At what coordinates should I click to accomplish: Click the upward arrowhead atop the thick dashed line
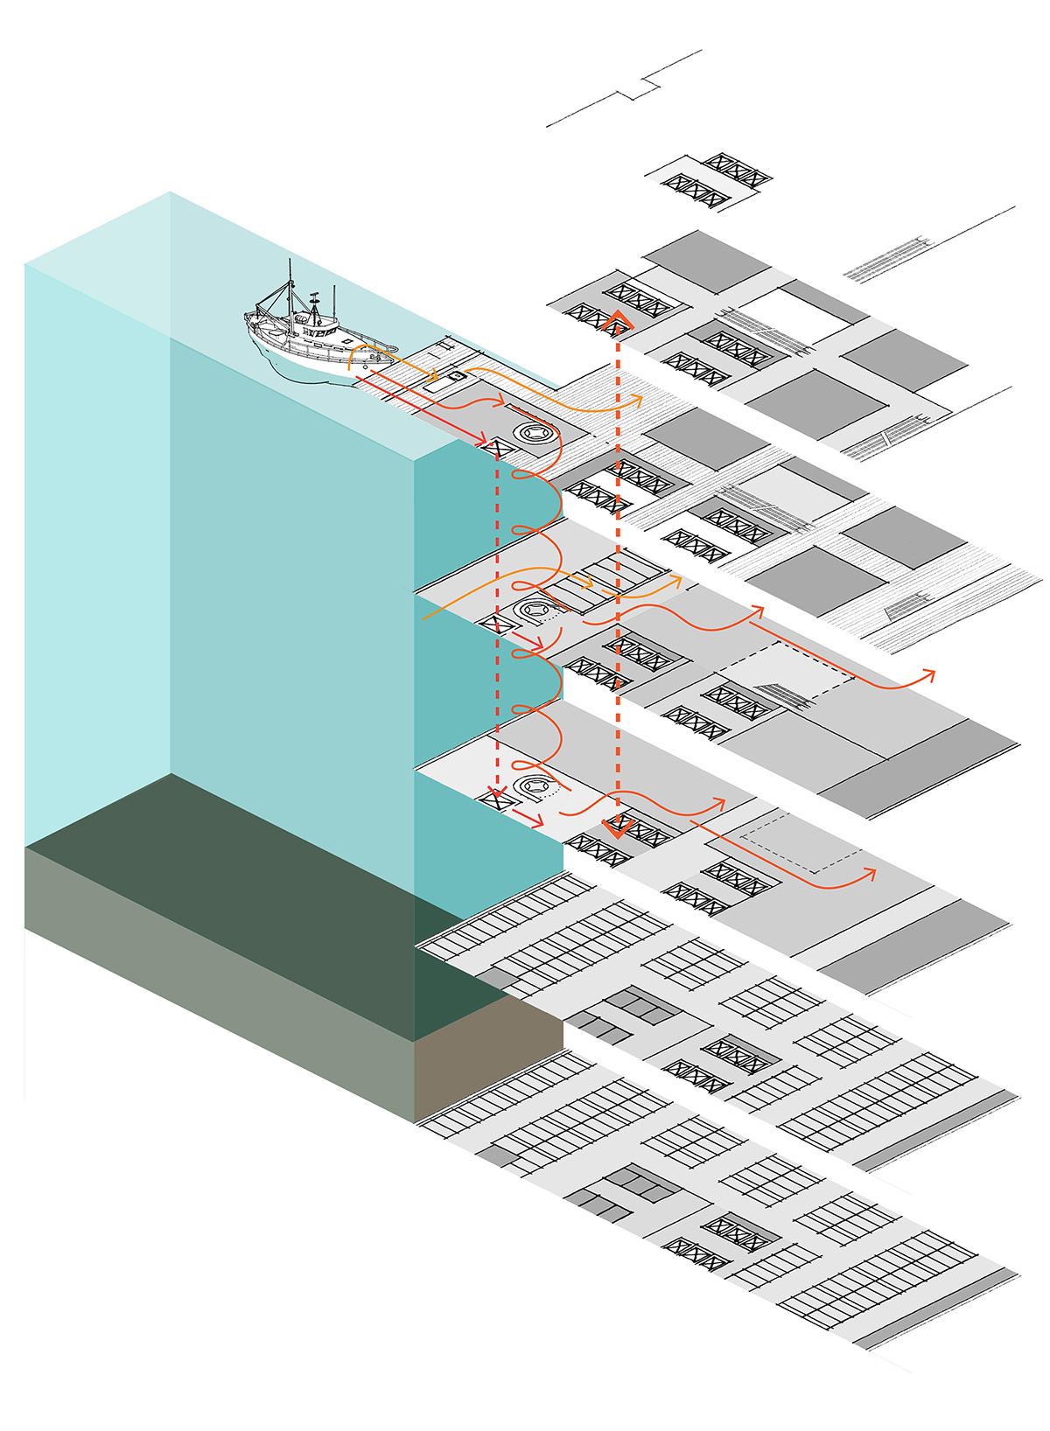617,319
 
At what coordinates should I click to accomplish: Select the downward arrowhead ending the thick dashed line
619,826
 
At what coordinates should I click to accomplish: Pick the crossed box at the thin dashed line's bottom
496,798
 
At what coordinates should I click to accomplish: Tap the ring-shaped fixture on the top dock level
533,432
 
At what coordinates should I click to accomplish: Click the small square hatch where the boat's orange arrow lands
456,376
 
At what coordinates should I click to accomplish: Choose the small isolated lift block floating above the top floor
709,180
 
